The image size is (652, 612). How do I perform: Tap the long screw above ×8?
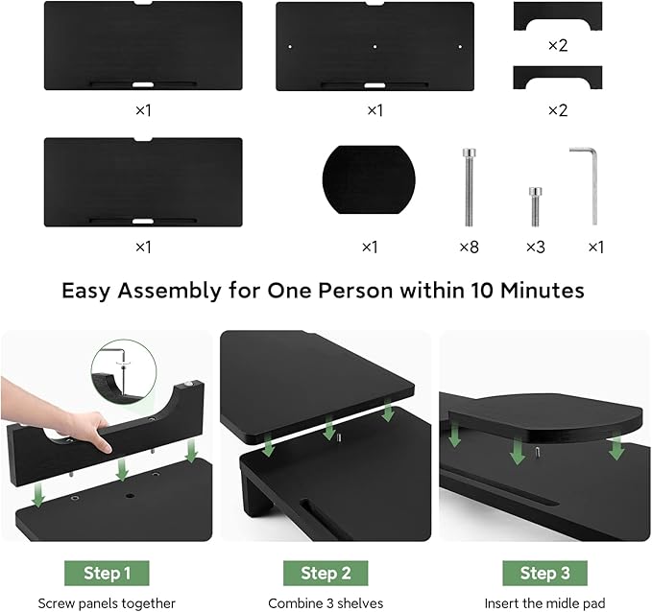pos(468,186)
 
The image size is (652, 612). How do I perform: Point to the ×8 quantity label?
pos(468,247)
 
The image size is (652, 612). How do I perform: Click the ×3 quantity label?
pos(535,247)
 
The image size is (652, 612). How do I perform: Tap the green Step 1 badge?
pos(108,573)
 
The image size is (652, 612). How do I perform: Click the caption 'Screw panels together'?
pos(108,603)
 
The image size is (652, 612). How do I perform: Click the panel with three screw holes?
pos(374,46)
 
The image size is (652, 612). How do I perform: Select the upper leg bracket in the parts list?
pos(557,17)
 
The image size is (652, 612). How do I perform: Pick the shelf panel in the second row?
pos(143,182)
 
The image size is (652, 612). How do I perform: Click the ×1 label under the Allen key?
pos(595,247)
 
